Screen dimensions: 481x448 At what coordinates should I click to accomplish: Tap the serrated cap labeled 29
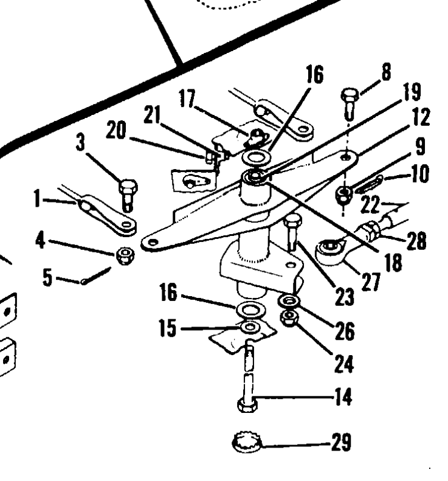(x=249, y=443)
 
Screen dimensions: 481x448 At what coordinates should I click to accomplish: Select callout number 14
(x=343, y=398)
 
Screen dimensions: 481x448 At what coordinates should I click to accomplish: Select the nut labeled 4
(x=126, y=253)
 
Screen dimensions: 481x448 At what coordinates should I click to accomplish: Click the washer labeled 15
(x=249, y=329)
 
